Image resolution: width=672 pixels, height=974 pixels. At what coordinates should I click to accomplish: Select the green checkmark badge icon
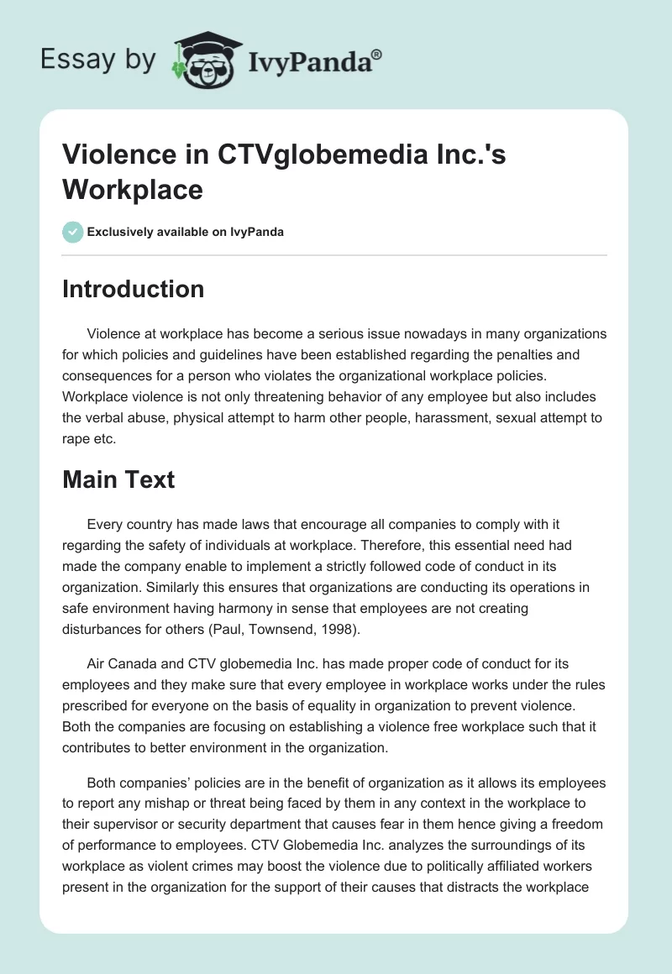click(72, 232)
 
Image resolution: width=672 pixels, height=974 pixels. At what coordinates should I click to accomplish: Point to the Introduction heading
click(133, 289)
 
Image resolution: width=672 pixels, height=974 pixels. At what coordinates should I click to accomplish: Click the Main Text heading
click(118, 479)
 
